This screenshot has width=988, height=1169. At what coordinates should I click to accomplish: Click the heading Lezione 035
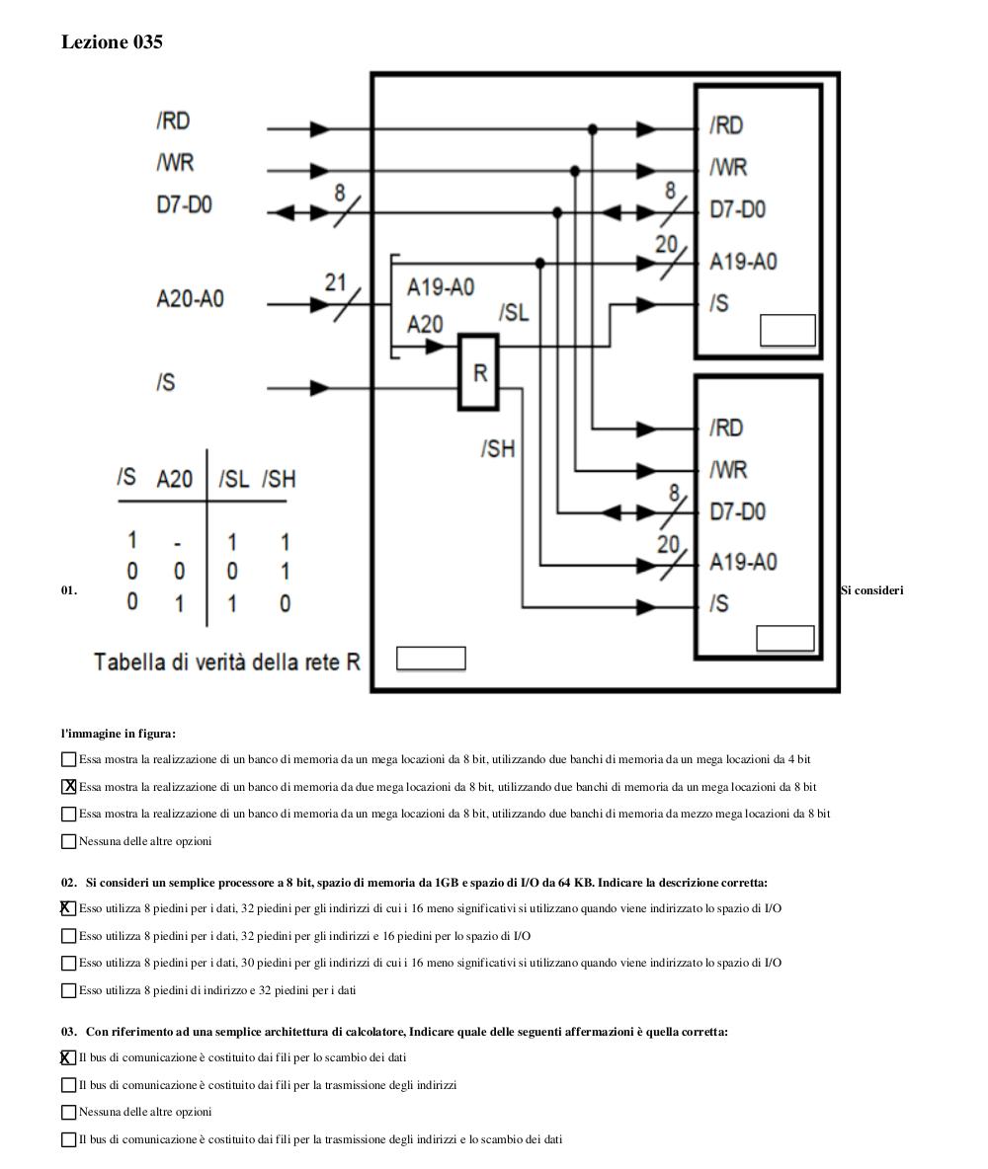click(x=112, y=41)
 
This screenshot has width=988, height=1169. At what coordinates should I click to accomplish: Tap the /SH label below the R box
click(x=498, y=448)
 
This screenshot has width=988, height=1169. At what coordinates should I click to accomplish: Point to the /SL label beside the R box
click(x=514, y=312)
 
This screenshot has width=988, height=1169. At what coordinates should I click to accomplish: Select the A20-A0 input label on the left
click(x=191, y=299)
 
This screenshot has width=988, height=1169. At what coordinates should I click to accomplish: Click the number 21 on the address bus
click(x=336, y=281)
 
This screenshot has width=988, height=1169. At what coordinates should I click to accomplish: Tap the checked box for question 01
click(x=68, y=787)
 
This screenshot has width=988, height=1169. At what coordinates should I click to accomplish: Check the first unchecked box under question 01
click(x=68, y=759)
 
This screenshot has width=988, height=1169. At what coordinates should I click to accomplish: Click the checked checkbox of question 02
click(x=68, y=908)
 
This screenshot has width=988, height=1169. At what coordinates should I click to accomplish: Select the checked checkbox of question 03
click(x=68, y=1057)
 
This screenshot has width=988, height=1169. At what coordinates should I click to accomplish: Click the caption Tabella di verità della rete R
click(x=227, y=662)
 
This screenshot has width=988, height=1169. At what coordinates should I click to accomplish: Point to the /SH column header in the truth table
click(x=279, y=479)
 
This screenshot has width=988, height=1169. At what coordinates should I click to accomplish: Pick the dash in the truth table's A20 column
click(x=178, y=544)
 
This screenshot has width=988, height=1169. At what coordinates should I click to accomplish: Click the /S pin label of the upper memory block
click(x=719, y=303)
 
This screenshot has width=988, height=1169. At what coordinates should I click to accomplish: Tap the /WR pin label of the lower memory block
click(x=728, y=470)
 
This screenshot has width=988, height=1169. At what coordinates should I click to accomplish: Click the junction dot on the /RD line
click(x=593, y=129)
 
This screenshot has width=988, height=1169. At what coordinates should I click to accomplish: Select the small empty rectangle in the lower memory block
click(x=785, y=639)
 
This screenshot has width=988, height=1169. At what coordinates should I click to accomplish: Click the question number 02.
click(x=68, y=883)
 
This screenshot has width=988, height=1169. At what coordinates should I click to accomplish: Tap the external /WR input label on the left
click(x=175, y=163)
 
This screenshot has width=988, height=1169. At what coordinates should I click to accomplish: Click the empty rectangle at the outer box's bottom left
click(x=431, y=659)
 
